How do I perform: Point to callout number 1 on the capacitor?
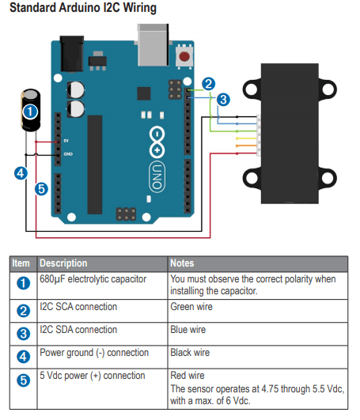point(29,112)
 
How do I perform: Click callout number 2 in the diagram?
point(208,83)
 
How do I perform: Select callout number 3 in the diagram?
point(223,100)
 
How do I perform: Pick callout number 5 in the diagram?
point(42,188)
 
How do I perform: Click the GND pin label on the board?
point(68,153)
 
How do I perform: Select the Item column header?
point(21,263)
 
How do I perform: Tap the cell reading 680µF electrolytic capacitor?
point(93,279)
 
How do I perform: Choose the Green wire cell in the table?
point(190,307)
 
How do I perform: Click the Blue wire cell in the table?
point(188,330)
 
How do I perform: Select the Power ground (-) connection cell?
point(94,353)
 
